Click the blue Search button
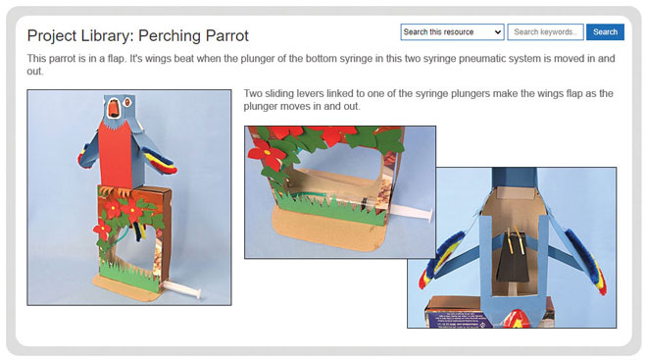point(605,31)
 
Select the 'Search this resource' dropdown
point(452,31)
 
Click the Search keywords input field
point(545,31)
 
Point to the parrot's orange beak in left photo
point(112,108)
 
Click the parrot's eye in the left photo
point(127,102)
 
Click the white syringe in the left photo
point(182,288)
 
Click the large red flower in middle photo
point(266,154)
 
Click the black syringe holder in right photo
point(514,260)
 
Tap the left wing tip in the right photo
point(424,280)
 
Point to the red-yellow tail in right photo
point(515,319)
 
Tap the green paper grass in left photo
point(128,274)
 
